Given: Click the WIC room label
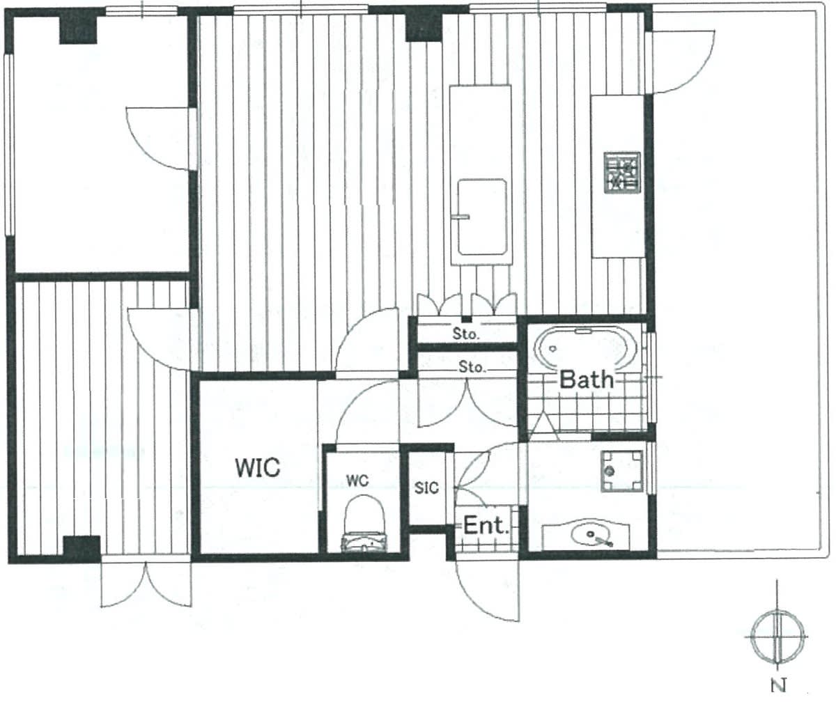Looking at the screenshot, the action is tap(258, 467).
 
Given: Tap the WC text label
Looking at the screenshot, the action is tap(357, 481).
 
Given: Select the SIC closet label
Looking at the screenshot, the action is tap(426, 487).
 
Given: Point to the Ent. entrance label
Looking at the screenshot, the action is tap(486, 526).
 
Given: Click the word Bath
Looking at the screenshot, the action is tap(587, 380).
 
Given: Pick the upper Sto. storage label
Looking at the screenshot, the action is tap(465, 334).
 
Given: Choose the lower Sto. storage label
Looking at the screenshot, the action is tap(472, 366).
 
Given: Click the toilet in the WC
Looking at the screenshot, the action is tap(364, 524).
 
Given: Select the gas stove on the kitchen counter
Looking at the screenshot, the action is tap(622, 173).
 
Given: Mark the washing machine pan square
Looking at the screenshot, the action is tap(622, 471).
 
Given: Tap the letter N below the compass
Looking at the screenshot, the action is tap(778, 685).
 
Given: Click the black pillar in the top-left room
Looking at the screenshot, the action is tap(78, 30).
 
